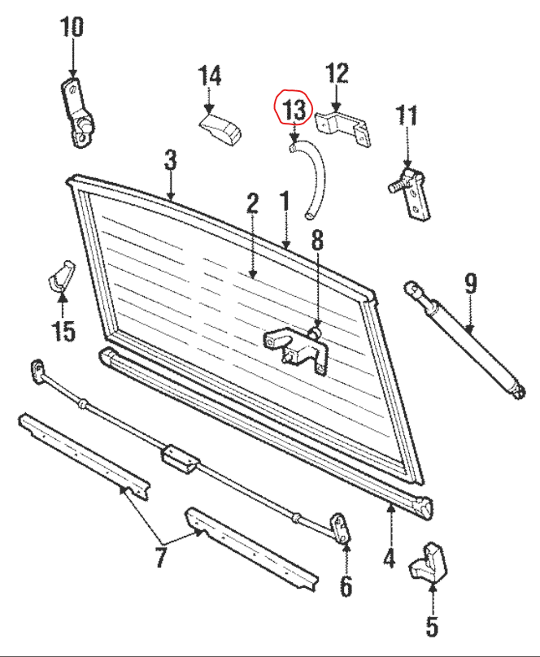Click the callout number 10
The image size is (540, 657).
(72, 27)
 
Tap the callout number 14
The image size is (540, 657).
(210, 77)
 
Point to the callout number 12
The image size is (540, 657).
(337, 73)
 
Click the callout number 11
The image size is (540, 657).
(406, 115)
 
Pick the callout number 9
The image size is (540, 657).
(471, 284)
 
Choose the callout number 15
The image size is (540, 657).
(63, 331)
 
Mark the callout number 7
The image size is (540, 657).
(160, 558)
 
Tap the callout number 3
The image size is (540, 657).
(170, 159)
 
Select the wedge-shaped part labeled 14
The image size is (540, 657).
(222, 128)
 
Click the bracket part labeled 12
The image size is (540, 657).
(342, 129)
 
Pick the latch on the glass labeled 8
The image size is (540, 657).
(296, 348)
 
